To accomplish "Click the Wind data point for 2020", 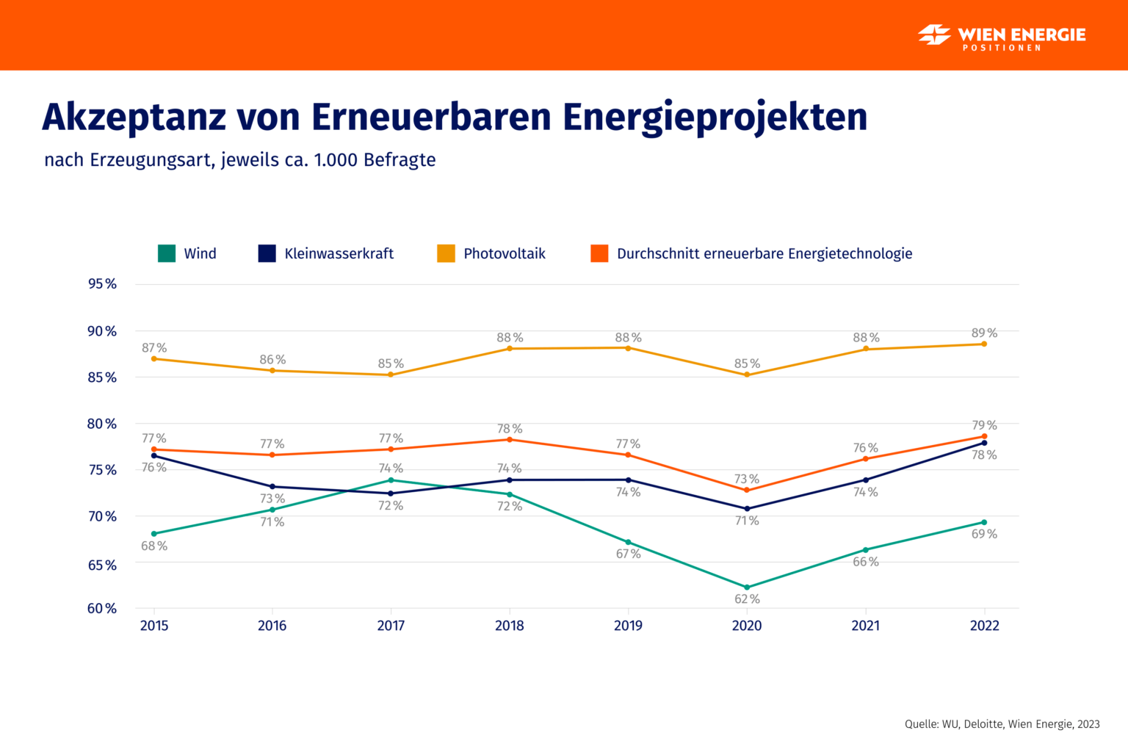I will point(747,587).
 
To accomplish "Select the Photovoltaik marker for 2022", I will point(984,344).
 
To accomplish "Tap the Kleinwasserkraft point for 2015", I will point(153,455).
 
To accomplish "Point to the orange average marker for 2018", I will point(510,439).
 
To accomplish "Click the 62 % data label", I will point(747,599).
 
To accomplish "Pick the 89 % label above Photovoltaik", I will point(984,333).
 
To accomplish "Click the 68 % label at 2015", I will point(154,546).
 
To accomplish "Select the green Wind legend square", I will point(167,253).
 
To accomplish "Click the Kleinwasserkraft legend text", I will point(339,253).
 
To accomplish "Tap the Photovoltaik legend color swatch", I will point(446,253).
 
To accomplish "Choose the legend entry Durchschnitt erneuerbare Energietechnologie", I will point(764,253).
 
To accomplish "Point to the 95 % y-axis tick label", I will point(102,283).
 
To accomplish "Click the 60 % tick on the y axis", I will point(102,608).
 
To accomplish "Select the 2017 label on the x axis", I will point(391,626).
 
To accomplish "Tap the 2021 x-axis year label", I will point(865,626).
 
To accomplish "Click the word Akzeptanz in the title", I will point(134,117).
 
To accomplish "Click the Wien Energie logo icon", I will point(934,35).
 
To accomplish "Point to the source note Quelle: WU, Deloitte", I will point(1002,724).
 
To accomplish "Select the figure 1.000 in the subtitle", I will point(336,160).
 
